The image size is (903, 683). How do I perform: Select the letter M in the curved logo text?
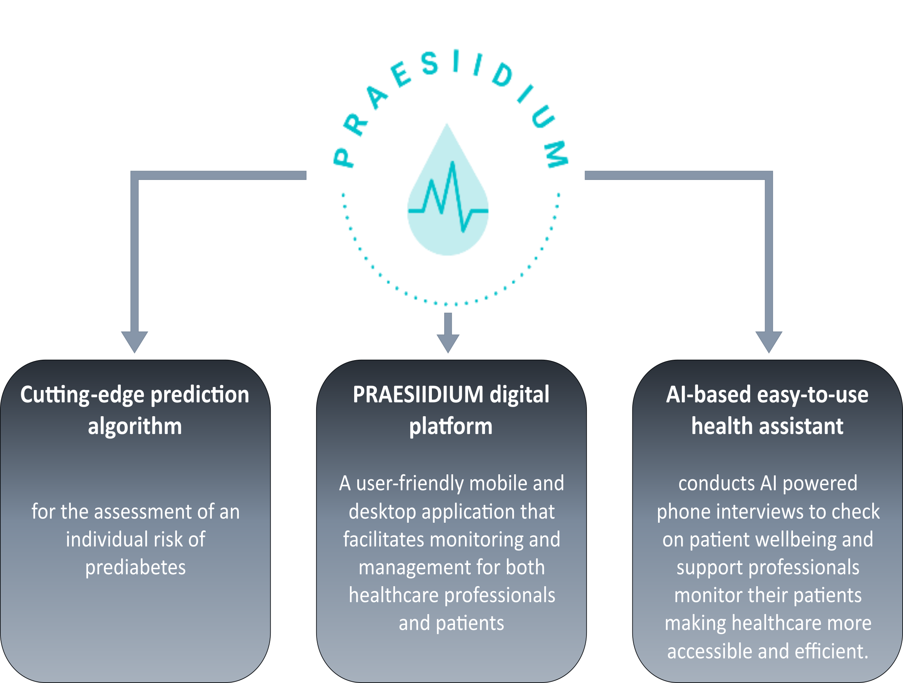coord(556,154)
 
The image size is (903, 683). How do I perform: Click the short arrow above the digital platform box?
coord(448,332)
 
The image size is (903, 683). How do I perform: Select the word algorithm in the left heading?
coord(135,426)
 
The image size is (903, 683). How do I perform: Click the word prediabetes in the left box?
coord(135,568)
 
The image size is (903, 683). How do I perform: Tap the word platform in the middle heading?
coord(451,426)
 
